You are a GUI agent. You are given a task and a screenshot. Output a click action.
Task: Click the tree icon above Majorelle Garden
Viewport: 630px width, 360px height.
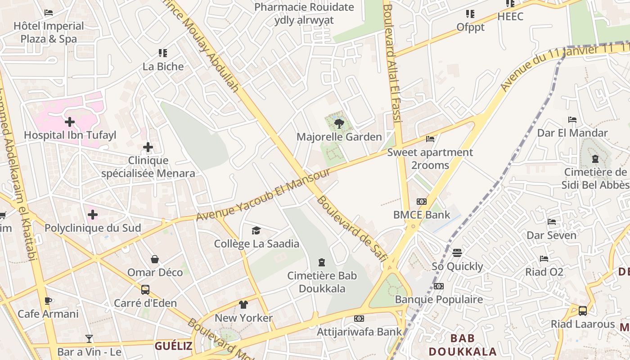click(339, 123)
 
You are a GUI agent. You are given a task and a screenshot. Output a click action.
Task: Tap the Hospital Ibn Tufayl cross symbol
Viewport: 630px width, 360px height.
click(70, 121)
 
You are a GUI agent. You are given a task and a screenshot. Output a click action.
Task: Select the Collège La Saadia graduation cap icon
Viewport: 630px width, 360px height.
click(256, 231)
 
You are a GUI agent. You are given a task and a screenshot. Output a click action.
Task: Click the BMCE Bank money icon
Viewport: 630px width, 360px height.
click(422, 202)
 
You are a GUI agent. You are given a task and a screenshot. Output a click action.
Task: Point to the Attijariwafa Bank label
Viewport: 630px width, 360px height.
click(359, 332)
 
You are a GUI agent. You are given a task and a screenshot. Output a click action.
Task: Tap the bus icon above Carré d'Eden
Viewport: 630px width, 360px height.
click(145, 290)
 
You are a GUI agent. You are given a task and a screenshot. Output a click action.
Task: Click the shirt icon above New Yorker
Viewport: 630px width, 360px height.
click(243, 305)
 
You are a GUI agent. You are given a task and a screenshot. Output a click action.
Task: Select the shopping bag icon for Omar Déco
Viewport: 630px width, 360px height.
click(155, 259)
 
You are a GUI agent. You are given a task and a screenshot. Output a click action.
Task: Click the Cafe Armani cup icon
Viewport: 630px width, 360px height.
click(48, 301)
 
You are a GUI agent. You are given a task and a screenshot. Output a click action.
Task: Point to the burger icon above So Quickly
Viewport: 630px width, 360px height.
click(457, 253)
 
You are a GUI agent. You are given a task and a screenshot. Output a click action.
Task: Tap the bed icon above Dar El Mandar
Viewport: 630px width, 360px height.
click(572, 120)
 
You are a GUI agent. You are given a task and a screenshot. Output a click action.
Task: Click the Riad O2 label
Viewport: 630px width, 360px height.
click(544, 272)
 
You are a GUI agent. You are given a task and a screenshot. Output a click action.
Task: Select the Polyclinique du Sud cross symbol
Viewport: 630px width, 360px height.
click(93, 215)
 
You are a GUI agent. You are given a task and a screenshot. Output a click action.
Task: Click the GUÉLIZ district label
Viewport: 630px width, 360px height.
click(173, 346)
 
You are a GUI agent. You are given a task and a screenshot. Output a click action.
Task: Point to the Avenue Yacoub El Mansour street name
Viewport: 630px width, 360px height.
click(264, 195)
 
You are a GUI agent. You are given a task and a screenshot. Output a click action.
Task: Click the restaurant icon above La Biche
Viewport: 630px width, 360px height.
click(163, 53)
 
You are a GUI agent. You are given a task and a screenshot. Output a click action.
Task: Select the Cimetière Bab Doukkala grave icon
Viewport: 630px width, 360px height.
click(322, 262)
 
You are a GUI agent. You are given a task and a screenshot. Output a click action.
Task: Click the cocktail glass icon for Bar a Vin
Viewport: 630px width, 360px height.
click(89, 338)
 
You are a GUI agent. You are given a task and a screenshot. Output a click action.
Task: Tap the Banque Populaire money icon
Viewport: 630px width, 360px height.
click(438, 286)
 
